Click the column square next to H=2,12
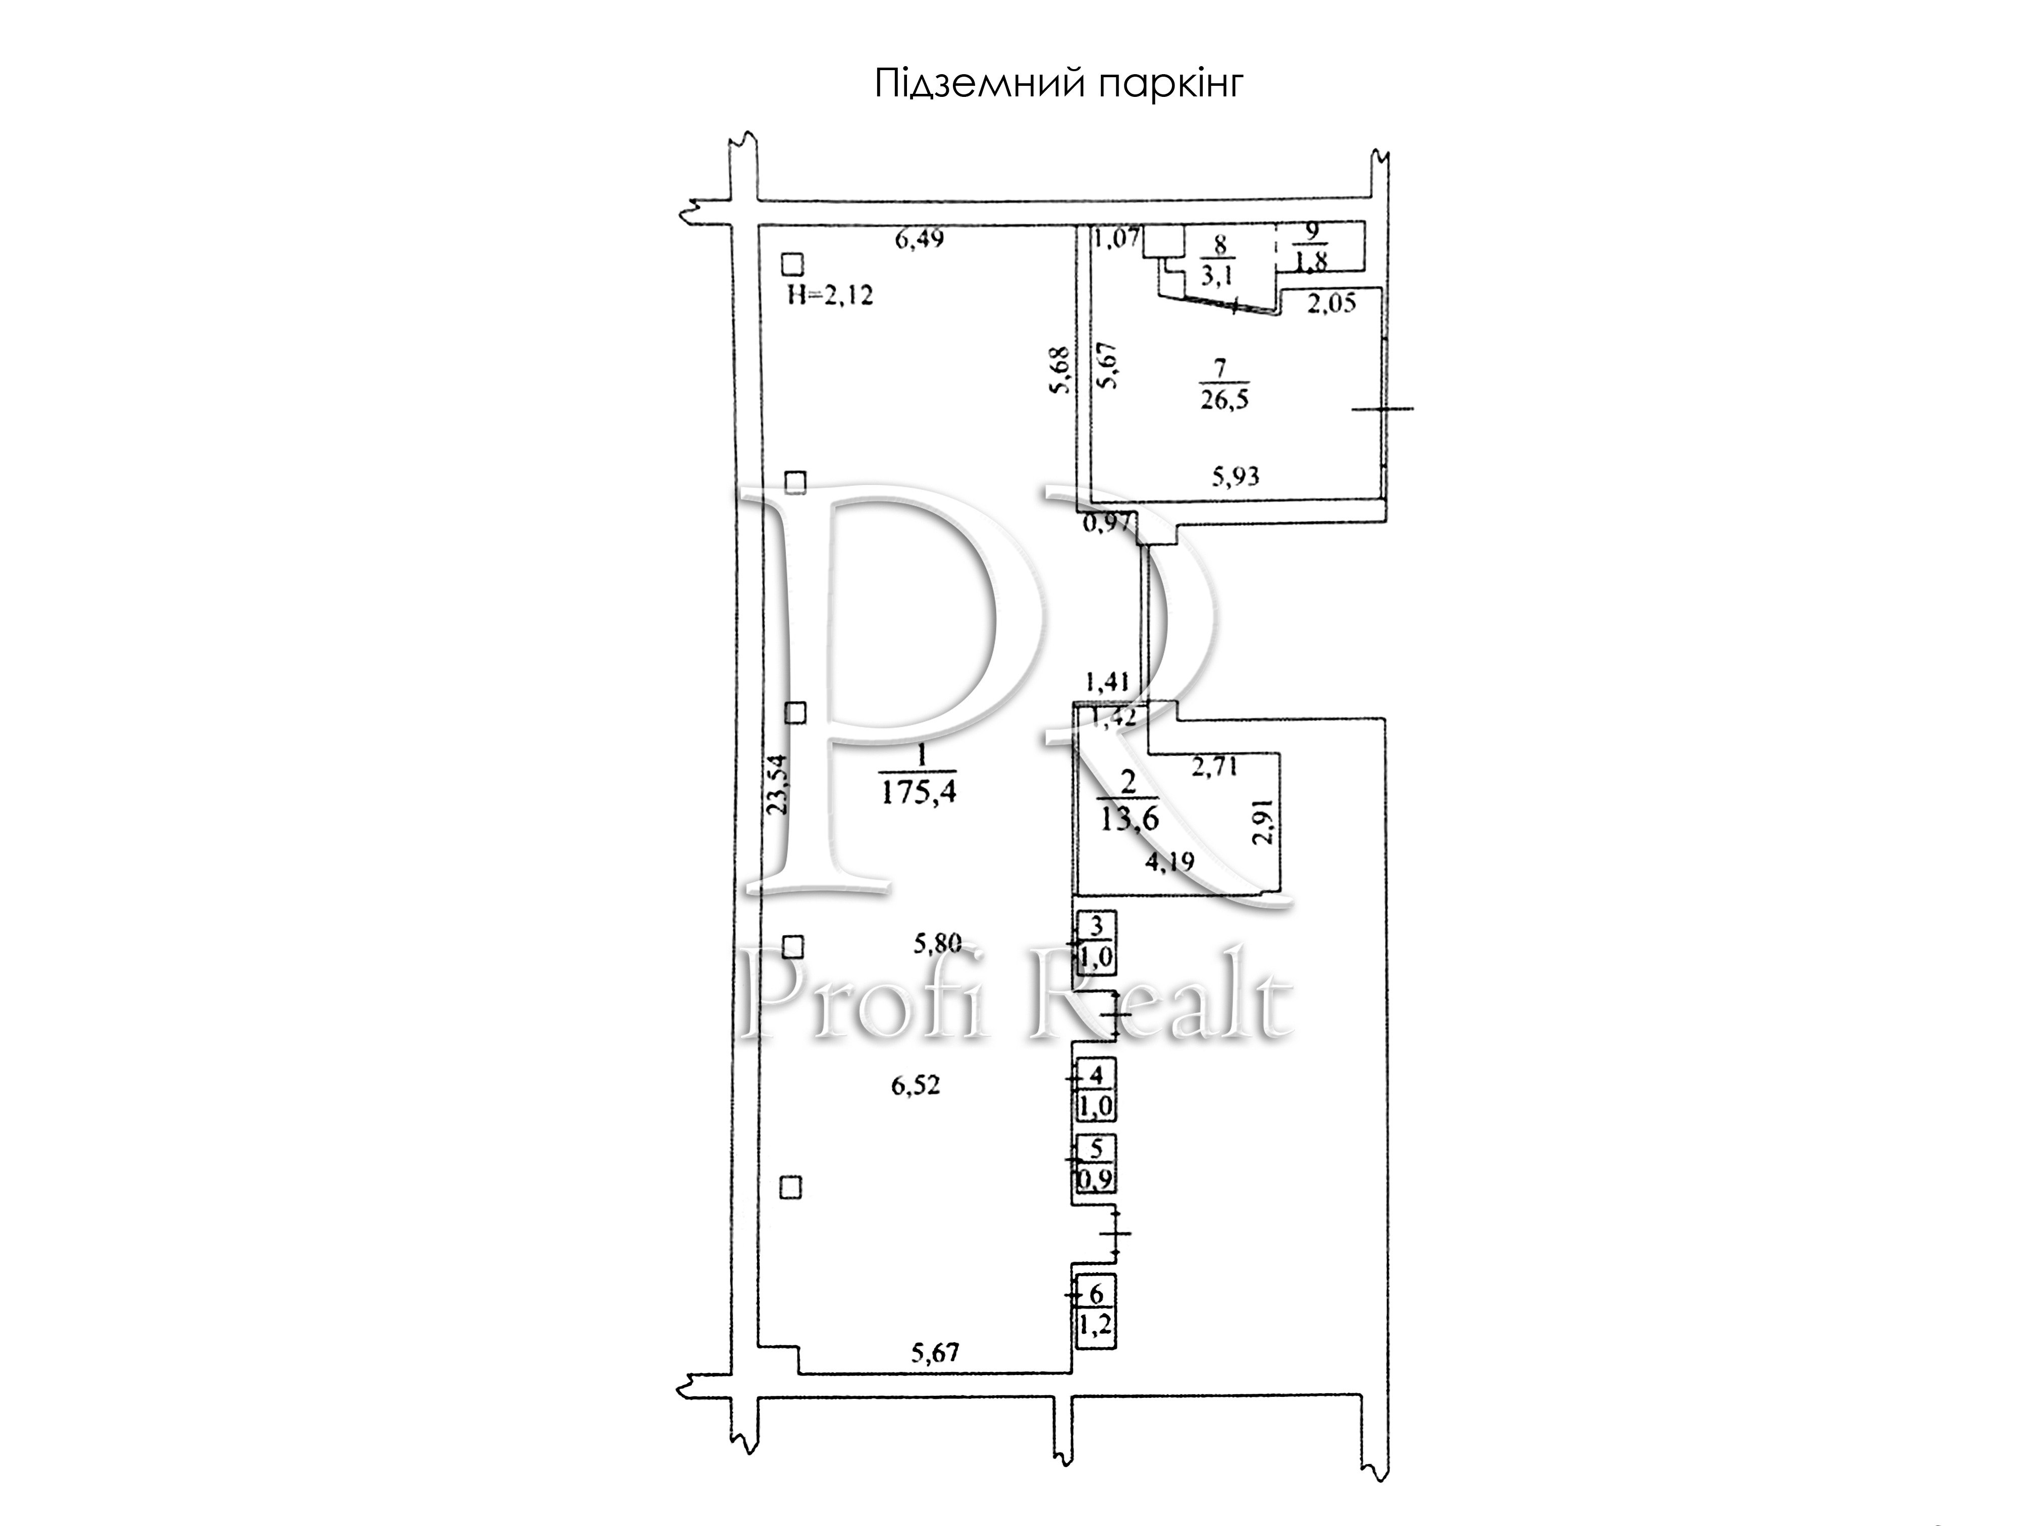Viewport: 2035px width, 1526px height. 792,265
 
